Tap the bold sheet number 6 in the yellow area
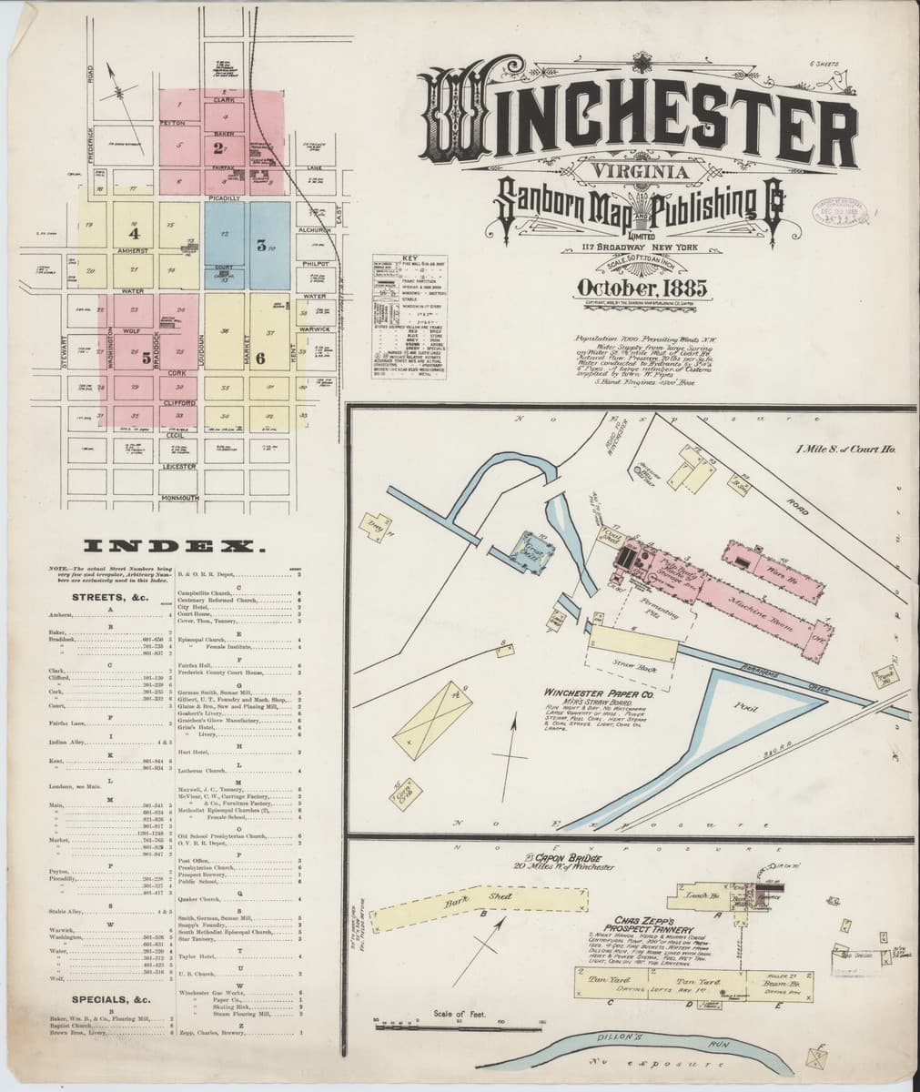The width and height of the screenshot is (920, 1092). tap(260, 358)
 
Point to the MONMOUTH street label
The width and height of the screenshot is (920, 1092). tap(180, 498)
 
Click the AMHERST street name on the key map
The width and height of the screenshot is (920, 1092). tap(133, 248)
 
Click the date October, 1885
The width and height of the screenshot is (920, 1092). tap(642, 289)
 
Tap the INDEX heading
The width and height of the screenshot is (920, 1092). tap(174, 546)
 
